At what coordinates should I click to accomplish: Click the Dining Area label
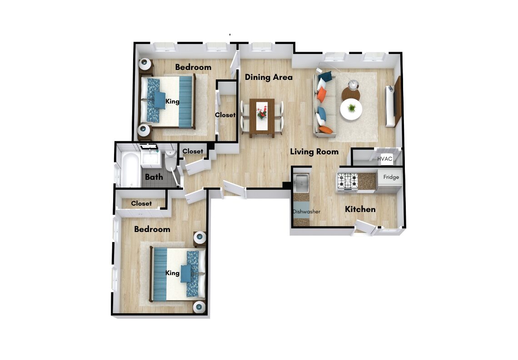pos(269,77)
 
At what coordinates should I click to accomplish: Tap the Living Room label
pos(314,152)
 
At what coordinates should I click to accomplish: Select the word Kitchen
pos(360,209)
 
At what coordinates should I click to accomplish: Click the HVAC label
pos(384,159)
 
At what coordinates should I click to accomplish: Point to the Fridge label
pos(391,177)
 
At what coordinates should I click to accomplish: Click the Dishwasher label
pos(307,212)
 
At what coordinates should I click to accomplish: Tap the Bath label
pos(154,177)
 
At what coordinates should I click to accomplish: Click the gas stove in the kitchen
pos(347,181)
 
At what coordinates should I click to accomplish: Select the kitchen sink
pos(301,182)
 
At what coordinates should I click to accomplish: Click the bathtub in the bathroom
pos(130,169)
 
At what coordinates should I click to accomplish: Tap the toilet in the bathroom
pos(171,159)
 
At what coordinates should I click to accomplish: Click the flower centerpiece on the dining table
pos(262,112)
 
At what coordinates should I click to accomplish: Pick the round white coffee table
pos(351,109)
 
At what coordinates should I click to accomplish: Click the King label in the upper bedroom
pos(172,101)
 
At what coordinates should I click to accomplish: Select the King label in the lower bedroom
pos(172,273)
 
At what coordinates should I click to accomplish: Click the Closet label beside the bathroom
pos(193,152)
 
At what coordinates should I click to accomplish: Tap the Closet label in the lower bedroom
pos(141,203)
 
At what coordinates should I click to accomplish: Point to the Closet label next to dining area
pos(225,115)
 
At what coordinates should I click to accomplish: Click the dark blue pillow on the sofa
pos(325,76)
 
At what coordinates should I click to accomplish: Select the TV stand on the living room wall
pos(398,101)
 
